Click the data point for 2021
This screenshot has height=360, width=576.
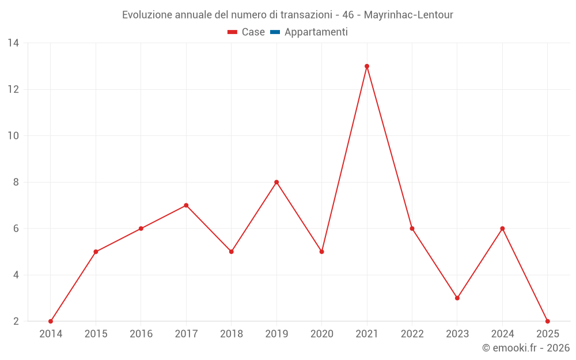tap(367, 66)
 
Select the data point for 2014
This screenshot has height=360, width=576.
tap(51, 321)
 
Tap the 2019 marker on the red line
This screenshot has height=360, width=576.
tap(276, 182)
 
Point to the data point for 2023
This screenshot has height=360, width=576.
tap(457, 298)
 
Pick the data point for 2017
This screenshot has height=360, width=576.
tap(186, 205)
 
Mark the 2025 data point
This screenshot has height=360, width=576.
tap(548, 321)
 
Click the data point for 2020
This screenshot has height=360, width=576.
tap(321, 252)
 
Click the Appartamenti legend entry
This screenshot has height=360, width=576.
tap(316, 32)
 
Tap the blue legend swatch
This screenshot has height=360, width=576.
tap(275, 32)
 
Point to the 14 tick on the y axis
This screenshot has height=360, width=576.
tap(13, 43)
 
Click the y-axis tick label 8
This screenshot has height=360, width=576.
tap(16, 182)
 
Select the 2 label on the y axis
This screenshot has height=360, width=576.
tap(16, 321)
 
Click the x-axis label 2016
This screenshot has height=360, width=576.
tap(141, 334)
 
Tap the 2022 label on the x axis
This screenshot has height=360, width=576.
tap(412, 334)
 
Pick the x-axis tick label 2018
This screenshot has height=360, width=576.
tap(232, 334)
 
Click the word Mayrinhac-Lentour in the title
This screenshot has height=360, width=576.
tap(409, 15)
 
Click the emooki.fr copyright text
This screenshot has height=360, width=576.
tap(526, 348)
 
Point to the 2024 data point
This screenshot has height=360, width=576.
tap(503, 229)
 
